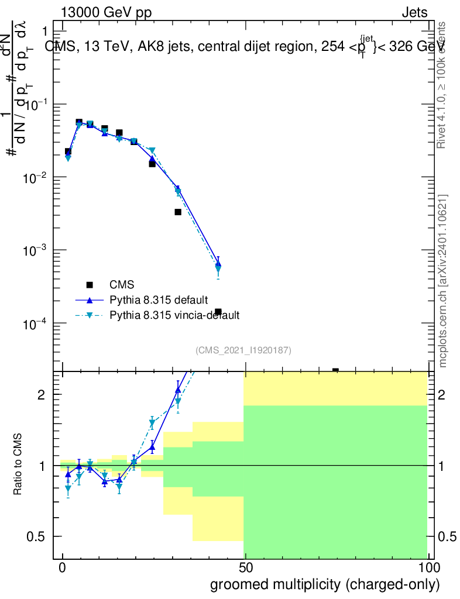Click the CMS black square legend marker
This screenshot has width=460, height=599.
click(90, 285)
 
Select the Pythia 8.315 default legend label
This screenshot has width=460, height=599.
click(159, 300)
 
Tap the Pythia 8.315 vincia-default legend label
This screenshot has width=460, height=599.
click(174, 315)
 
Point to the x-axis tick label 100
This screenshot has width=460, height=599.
click(428, 569)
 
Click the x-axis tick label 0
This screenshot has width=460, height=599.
click(63, 569)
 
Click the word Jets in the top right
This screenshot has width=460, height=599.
click(414, 12)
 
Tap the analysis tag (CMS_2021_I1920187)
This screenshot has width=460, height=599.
click(243, 350)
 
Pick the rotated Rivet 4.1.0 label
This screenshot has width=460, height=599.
click(442, 84)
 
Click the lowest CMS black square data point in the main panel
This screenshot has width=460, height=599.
click(335, 371)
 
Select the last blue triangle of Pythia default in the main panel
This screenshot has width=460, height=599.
click(218, 264)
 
